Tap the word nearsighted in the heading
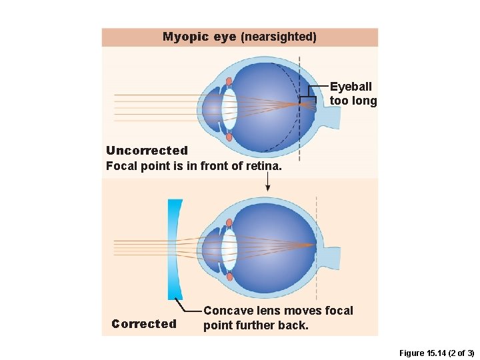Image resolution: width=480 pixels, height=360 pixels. click(x=279, y=37)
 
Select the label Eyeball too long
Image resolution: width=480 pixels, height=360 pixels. click(x=353, y=94)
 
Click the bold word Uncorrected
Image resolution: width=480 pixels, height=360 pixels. click(x=147, y=151)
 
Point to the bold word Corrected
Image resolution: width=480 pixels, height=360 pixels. click(x=144, y=324)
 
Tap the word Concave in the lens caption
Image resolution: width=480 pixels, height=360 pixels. click(x=227, y=311)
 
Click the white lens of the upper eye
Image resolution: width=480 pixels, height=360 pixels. click(x=229, y=109)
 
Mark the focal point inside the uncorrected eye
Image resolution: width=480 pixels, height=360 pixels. click(x=298, y=104)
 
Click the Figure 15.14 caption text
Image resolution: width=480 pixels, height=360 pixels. click(x=435, y=353)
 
